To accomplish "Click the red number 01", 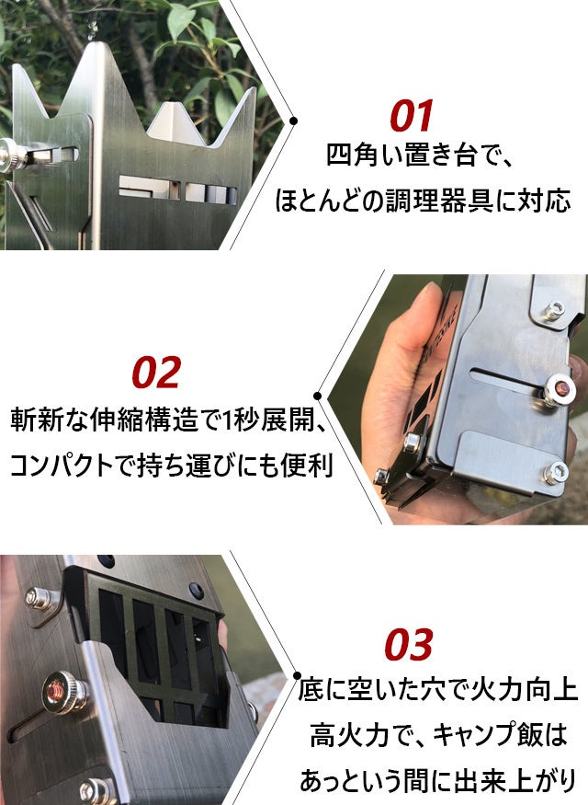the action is (x=411, y=116).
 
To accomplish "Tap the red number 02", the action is (x=156, y=373).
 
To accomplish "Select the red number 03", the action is (x=409, y=644).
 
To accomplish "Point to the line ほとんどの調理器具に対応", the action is (x=423, y=201).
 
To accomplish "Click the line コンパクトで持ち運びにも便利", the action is (x=171, y=466).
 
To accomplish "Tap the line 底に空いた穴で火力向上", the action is (x=438, y=689).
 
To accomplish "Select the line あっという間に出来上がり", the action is (x=438, y=781).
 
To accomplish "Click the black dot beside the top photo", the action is (x=293, y=121).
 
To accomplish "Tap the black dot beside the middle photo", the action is (x=317, y=396).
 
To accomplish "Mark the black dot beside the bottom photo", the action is (x=297, y=675).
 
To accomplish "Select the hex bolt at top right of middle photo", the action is (x=554, y=311).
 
